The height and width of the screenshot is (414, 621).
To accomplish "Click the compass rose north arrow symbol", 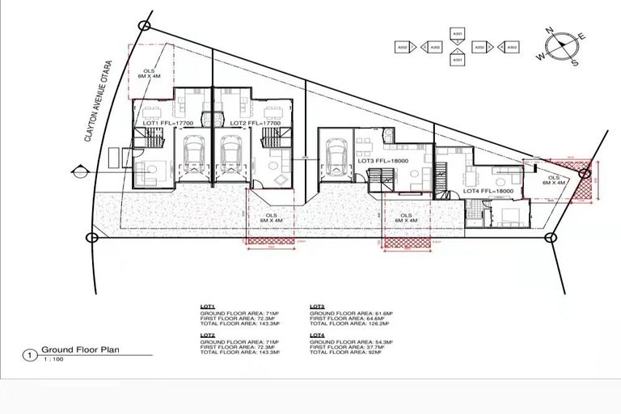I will (x=559, y=46).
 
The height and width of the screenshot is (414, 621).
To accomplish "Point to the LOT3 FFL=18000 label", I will (x=384, y=162).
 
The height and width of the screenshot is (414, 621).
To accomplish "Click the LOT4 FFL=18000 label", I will (x=488, y=192).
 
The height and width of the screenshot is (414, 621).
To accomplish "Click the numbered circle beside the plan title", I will (x=30, y=353).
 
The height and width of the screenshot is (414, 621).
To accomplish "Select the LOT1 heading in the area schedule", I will (x=207, y=307).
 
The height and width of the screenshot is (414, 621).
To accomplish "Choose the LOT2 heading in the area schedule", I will (x=207, y=334).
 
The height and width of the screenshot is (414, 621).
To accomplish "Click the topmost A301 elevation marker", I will (x=458, y=34).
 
